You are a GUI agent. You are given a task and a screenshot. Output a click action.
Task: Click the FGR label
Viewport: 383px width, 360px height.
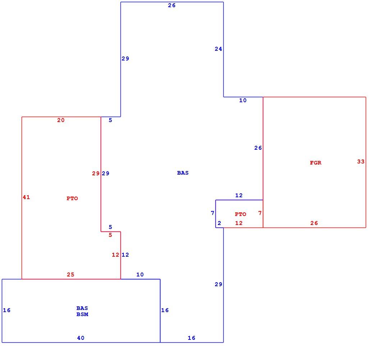(x=316, y=163)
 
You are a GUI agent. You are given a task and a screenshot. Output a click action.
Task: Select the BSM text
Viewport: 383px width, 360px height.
(x=82, y=314)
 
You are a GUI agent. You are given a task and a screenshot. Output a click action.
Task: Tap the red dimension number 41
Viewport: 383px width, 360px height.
(x=26, y=197)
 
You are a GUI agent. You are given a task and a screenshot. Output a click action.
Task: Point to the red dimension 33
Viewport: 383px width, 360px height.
(x=361, y=161)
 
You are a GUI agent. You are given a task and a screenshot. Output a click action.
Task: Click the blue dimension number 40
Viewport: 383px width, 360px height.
(x=81, y=338)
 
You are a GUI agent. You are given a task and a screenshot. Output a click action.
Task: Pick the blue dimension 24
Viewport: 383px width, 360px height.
(x=218, y=49)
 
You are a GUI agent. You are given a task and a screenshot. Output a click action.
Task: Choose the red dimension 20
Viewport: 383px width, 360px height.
(x=61, y=120)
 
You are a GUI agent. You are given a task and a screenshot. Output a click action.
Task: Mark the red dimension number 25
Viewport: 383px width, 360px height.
(x=70, y=274)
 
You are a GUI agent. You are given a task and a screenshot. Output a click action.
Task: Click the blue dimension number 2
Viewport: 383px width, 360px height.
(x=219, y=223)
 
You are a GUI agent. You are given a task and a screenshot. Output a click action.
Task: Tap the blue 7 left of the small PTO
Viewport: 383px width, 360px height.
(x=213, y=213)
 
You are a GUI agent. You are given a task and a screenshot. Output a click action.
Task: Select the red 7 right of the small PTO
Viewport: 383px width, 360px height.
(x=260, y=213)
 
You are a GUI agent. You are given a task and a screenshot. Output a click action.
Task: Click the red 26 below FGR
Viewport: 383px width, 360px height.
(x=314, y=223)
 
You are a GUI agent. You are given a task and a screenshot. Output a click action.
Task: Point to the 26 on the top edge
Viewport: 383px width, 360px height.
(x=172, y=5)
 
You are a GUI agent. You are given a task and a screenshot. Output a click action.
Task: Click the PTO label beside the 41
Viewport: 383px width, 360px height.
(x=72, y=198)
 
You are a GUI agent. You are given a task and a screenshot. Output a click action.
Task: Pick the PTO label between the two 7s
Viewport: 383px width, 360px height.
(x=241, y=214)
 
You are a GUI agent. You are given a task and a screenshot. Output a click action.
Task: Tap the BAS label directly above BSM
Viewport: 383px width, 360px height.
(x=82, y=308)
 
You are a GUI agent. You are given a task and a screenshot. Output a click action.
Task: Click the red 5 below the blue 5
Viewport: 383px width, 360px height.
(x=110, y=235)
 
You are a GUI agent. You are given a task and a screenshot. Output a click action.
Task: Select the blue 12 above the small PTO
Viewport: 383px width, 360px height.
(x=239, y=195)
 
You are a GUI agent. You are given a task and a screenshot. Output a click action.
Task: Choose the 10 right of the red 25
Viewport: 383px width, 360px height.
(x=140, y=274)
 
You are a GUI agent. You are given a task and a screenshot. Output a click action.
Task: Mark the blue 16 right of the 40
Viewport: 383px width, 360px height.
(x=191, y=338)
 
